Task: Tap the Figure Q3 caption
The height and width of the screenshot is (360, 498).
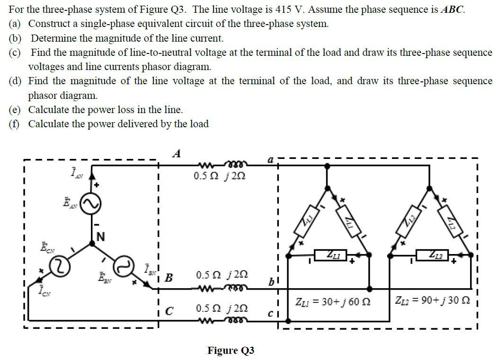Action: coord(231,351)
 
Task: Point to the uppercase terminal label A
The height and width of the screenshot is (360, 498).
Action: coord(177,153)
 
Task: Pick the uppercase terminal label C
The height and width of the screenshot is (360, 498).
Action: coord(169,311)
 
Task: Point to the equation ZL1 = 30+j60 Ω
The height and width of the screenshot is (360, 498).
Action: coord(333,301)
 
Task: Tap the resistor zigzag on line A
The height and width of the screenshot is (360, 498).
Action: coord(206,166)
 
